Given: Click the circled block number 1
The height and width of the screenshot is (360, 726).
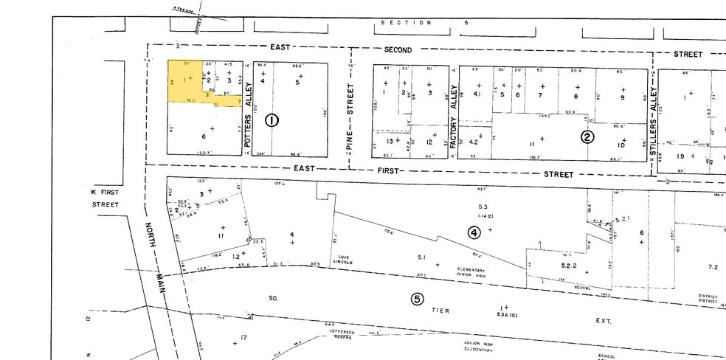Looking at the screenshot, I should pos(272,120).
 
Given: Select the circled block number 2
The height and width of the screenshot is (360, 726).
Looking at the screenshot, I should pos(587,136).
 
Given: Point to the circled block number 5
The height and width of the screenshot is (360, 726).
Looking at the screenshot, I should pos(417,299).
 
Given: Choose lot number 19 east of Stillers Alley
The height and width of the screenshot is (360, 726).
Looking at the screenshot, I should pos(681,156).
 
